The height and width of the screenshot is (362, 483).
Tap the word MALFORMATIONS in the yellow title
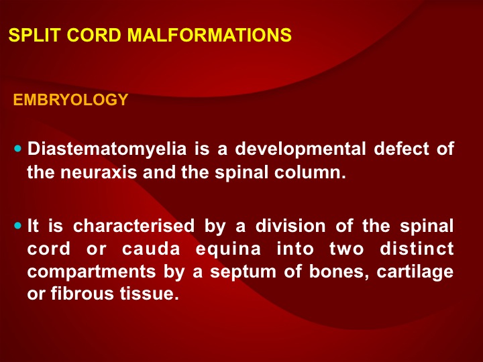[209, 35]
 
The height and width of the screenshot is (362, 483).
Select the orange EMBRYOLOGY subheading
[70, 99]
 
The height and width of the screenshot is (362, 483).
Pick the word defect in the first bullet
[401, 149]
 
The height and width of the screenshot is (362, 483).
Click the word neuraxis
[99, 172]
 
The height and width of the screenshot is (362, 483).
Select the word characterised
[133, 226]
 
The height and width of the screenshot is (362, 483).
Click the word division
[290, 226]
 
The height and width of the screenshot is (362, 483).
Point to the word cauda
[151, 249]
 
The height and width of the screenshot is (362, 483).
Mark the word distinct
[417, 249]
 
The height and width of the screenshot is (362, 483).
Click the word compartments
[91, 272]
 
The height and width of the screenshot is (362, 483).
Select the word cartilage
[415, 272]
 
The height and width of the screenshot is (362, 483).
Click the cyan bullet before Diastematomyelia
[18, 149]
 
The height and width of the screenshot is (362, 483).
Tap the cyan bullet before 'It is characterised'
[18, 226]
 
